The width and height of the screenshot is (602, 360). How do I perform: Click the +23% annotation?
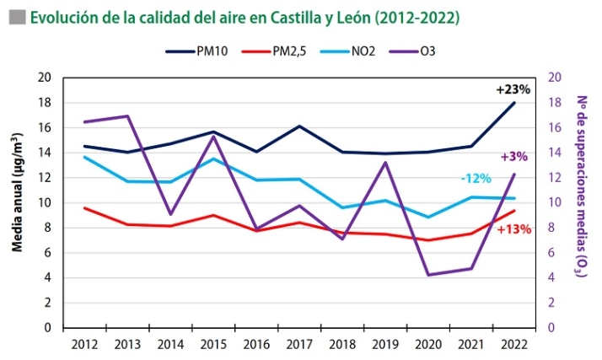512,89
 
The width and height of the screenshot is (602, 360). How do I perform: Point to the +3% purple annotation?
513,156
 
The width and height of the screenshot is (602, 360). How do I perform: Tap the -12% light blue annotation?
476,179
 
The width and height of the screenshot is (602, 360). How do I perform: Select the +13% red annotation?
513,228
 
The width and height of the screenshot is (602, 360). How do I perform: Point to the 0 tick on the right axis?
551,327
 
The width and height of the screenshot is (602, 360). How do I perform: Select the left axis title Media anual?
16,202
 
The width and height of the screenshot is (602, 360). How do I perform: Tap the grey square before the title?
14,16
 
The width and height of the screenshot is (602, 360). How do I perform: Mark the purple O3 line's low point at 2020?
428,275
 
